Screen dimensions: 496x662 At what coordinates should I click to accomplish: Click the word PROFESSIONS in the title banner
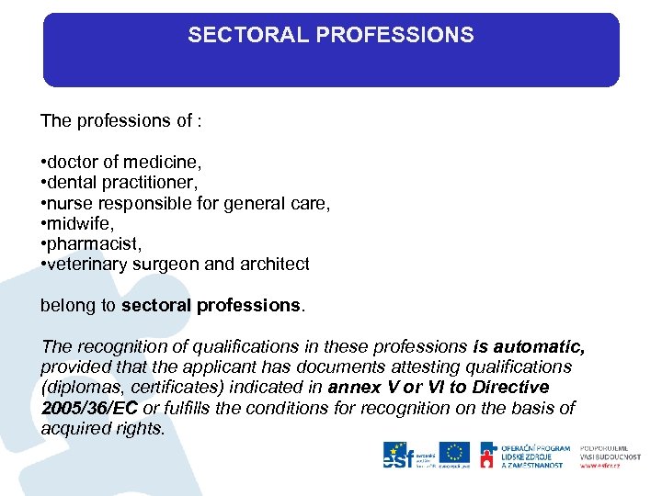tap(394, 36)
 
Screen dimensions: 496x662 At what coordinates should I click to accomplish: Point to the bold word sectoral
tap(155, 306)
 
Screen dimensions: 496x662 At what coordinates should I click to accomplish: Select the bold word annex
tap(352, 388)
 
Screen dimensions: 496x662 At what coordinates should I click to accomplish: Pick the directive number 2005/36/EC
tap(89, 408)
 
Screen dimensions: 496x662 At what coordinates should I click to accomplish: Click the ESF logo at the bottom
tap(397, 455)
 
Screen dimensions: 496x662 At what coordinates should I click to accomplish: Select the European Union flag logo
tap(453, 453)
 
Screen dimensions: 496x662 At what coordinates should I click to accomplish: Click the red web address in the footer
tap(599, 465)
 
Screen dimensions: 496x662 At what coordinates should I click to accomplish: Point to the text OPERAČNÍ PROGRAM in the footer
tap(535, 447)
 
